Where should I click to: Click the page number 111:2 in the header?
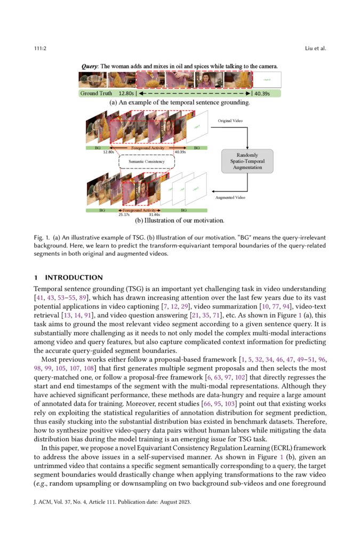pyautogui.click(x=40, y=49)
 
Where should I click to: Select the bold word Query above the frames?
pyautogui.click(x=89, y=67)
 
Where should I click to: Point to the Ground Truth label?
pyautogui.click(x=97, y=93)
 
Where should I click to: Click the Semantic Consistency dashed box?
pyautogui.click(x=147, y=160)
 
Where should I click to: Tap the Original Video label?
pyautogui.click(x=230, y=121)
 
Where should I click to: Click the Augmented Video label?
pyautogui.click(x=230, y=197)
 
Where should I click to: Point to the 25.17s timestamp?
pyautogui.click(x=124, y=215)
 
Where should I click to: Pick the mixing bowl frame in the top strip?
pyautogui.click(x=92, y=80)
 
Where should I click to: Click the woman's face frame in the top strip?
pyautogui.click(x=209, y=80)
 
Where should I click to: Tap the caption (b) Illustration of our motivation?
pyautogui.click(x=179, y=220)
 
